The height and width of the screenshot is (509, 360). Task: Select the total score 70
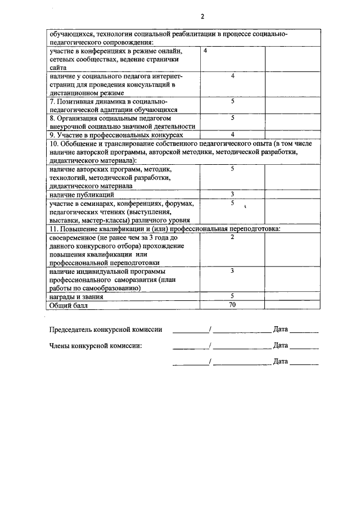pyautogui.click(x=232, y=305)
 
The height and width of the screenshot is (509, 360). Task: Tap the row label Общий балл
pyautogui.click(x=69, y=305)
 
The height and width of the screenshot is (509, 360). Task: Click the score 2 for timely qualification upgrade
pyautogui.click(x=232, y=237)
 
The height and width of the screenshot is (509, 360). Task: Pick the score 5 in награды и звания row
pyautogui.click(x=232, y=296)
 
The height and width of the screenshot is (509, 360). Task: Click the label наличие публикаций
pyautogui.click(x=81, y=194)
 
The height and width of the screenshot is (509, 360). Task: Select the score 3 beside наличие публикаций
pyautogui.click(x=232, y=194)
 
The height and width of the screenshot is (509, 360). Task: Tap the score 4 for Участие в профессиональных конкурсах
pyautogui.click(x=232, y=135)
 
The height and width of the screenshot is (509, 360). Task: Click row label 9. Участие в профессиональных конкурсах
pyautogui.click(x=115, y=136)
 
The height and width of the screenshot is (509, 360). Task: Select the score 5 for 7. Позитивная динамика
pyautogui.click(x=232, y=101)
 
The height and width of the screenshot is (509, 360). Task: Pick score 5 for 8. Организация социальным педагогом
pyautogui.click(x=232, y=118)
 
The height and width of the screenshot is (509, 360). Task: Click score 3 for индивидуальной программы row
pyautogui.click(x=232, y=271)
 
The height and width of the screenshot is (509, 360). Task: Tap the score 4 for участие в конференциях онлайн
pyautogui.click(x=205, y=51)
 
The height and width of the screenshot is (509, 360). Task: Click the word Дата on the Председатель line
pyautogui.click(x=280, y=330)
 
